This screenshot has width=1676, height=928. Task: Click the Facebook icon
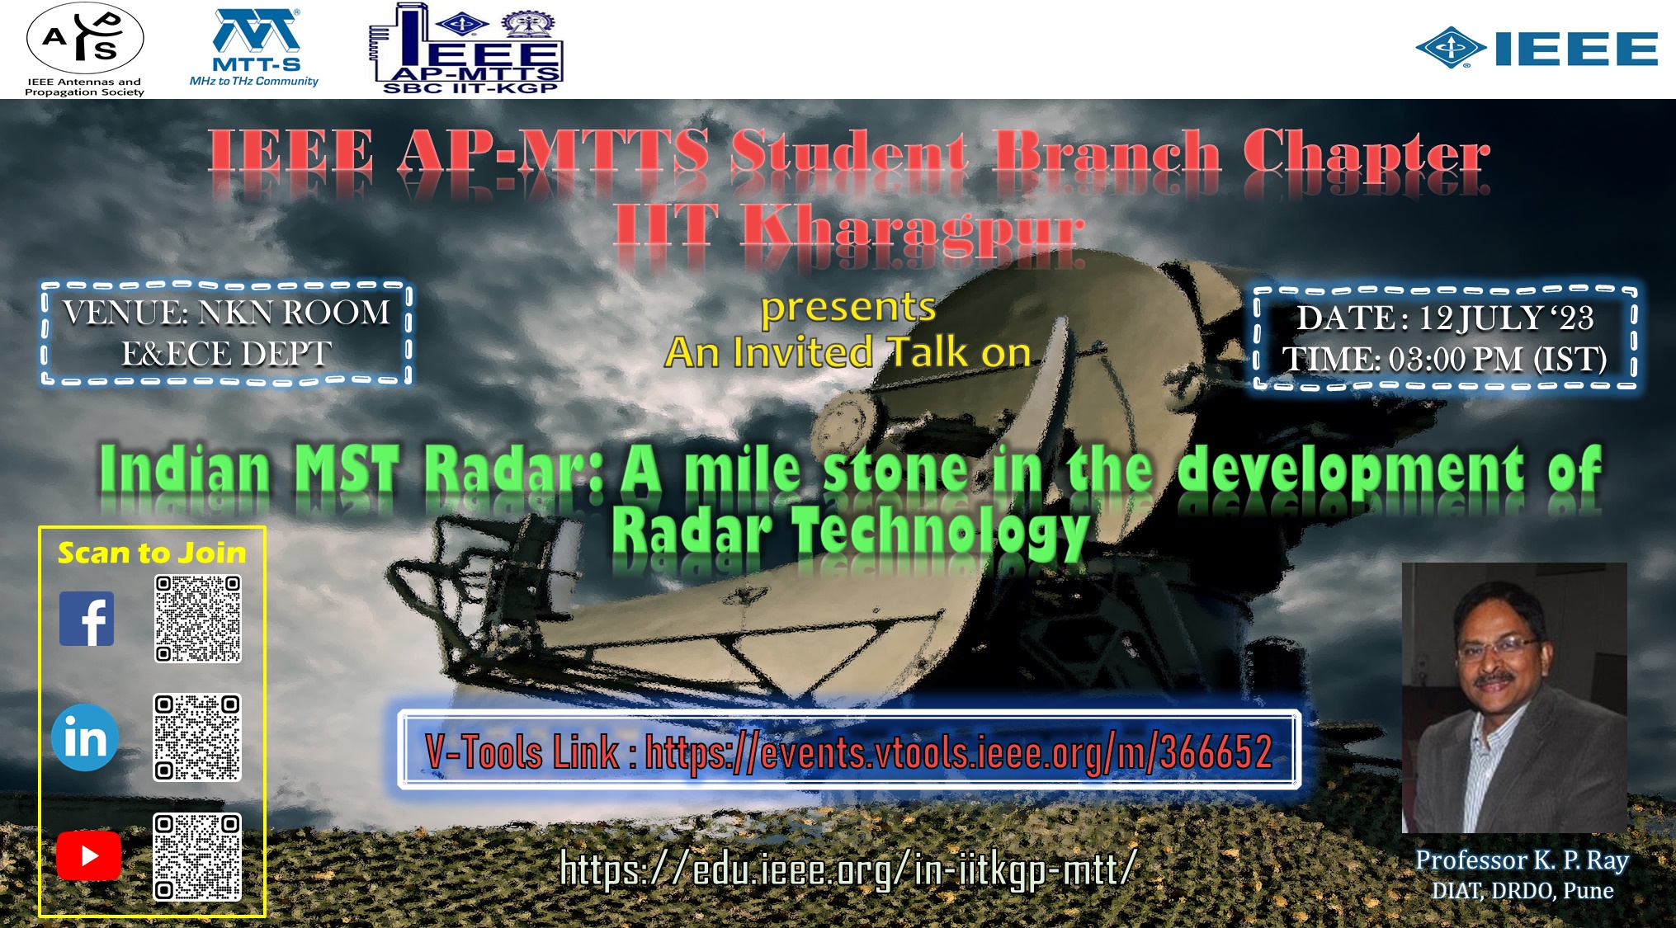point(87,619)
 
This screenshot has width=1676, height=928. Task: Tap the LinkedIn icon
point(85,737)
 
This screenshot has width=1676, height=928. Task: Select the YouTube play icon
point(89,856)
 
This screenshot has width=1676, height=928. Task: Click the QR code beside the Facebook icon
point(198,619)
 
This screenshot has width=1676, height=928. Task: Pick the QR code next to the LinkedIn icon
point(197,737)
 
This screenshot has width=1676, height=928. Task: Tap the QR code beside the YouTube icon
point(197,857)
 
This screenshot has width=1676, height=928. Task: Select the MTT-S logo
point(254,48)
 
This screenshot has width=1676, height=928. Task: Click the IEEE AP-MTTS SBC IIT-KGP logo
point(466,48)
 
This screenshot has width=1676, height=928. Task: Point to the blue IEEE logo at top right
point(1537,48)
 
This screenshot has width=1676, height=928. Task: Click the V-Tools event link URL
point(958,752)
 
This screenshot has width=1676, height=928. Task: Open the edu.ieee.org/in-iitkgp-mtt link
point(848,869)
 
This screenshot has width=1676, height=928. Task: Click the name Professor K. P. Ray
point(1523,860)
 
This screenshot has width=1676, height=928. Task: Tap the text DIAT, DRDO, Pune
point(1523,891)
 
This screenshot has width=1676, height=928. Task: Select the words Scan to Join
point(152,553)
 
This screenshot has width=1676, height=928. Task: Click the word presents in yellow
point(848,309)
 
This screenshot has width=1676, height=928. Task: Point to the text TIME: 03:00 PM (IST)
point(1444,360)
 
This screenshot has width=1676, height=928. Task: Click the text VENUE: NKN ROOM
point(227,313)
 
